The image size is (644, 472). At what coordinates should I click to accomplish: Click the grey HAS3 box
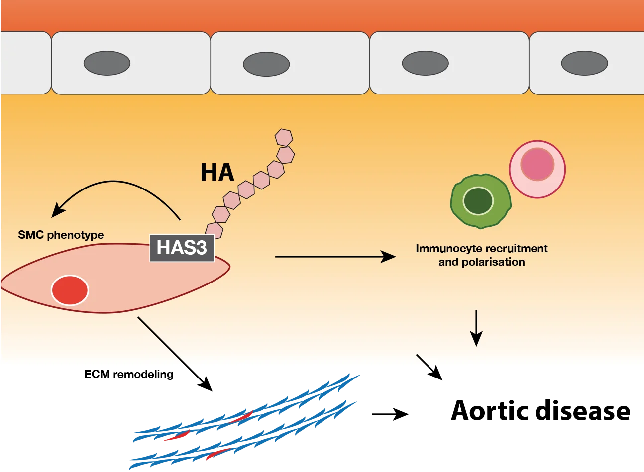tap(182, 247)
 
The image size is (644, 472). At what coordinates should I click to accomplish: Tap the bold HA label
tap(217, 172)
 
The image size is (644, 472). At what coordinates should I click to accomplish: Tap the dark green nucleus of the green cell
tap(478, 201)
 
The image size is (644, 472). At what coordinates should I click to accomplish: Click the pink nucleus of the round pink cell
tap(537, 164)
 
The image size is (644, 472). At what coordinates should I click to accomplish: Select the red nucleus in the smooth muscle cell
tap(70, 290)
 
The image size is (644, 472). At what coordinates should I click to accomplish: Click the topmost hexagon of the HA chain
tap(284, 137)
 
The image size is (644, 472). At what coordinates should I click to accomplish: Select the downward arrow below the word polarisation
tap(476, 328)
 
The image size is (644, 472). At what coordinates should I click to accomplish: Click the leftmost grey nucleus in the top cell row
tap(107, 63)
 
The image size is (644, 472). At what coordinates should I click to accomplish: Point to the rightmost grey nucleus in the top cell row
tap(584, 63)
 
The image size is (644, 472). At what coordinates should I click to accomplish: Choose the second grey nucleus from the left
tap(266, 64)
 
